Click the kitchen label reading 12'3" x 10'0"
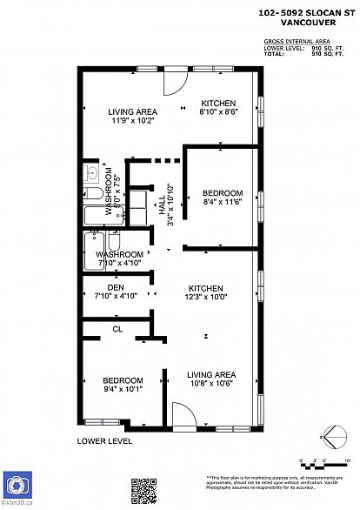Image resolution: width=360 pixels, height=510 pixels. click(x=206, y=292)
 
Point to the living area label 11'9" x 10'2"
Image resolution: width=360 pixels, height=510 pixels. click(x=132, y=117)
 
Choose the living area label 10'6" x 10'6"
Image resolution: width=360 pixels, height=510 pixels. click(x=211, y=379)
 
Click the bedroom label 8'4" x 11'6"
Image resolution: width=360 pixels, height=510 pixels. click(x=223, y=197)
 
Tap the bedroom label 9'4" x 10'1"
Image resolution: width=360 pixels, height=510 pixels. click(x=123, y=385)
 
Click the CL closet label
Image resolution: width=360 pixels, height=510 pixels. click(x=117, y=329)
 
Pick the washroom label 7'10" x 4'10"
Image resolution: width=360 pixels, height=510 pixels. click(x=118, y=258)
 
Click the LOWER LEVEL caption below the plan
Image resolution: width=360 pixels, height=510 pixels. click(x=104, y=441)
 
